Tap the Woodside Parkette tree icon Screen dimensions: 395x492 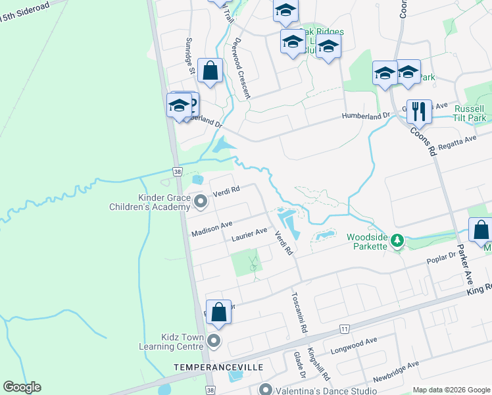397,242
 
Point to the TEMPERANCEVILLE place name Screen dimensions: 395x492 210,366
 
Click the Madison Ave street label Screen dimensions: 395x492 212,229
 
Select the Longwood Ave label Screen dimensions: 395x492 354,346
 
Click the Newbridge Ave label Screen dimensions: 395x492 396,373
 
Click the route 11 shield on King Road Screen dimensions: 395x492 344,328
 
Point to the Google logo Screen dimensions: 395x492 22,387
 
